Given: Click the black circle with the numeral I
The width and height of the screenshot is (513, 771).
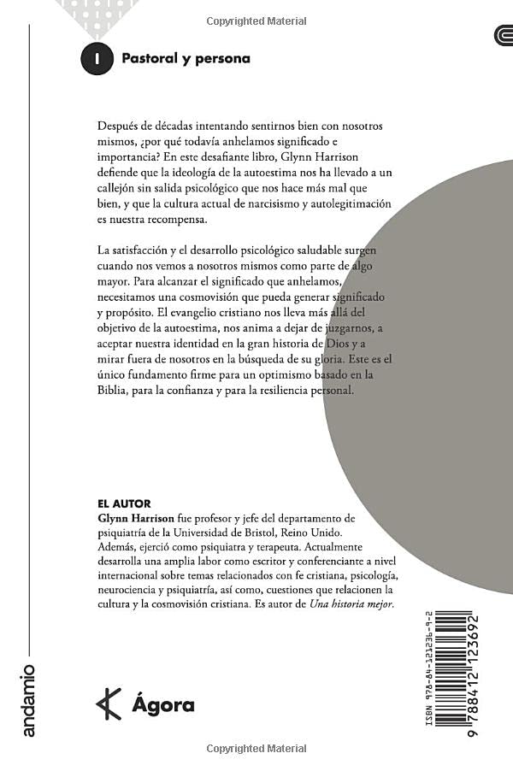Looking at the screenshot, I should click(97, 59).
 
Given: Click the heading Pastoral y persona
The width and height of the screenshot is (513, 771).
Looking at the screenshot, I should click(186, 59).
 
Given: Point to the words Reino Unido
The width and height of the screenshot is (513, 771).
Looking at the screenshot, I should click(361, 535).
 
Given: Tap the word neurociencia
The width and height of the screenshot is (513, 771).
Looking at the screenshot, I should click(131, 590).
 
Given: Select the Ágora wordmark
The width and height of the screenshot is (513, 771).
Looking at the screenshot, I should click(163, 706).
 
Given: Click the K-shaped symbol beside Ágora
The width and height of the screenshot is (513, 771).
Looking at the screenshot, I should click(108, 704).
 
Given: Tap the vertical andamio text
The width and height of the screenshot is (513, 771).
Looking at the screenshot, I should click(28, 700).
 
